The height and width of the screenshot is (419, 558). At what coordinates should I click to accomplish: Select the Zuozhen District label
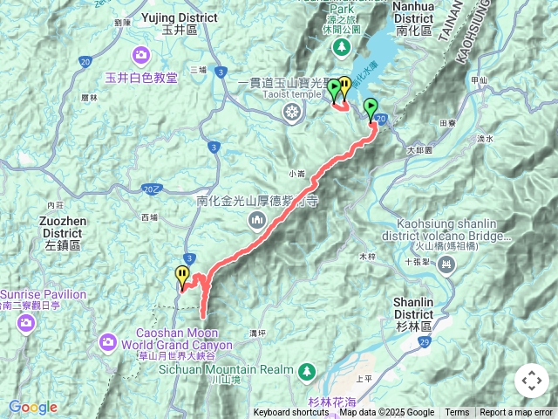tap(62, 228)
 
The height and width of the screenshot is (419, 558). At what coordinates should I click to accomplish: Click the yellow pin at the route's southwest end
tap(182, 278)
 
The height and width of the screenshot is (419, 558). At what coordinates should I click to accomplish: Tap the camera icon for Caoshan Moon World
tap(109, 340)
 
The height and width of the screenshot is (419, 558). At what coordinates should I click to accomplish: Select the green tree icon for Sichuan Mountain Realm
tap(306, 371)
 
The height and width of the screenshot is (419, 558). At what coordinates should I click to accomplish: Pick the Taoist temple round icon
tap(291, 111)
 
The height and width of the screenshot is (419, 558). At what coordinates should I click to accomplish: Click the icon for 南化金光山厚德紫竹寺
tap(256, 219)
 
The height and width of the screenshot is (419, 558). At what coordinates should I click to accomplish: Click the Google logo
tap(33, 407)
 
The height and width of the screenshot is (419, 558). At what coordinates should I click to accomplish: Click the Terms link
tap(457, 413)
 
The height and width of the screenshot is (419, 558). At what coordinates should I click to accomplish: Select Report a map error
tap(515, 413)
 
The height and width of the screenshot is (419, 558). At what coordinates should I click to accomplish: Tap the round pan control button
tap(531, 381)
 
